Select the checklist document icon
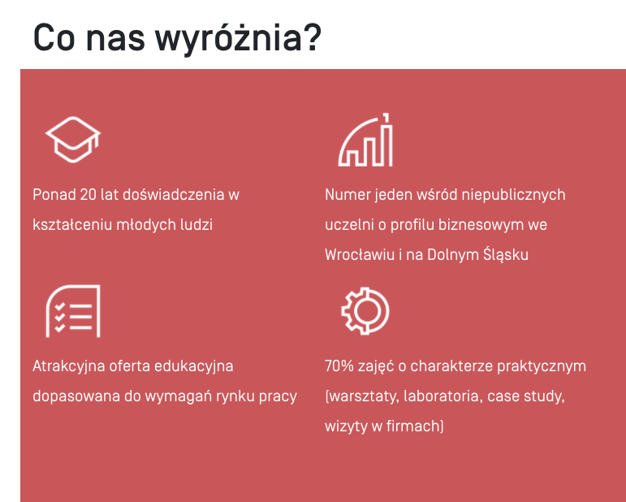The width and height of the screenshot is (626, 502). pyautogui.click(x=73, y=311)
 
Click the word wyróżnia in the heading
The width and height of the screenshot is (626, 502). pyautogui.click(x=228, y=39)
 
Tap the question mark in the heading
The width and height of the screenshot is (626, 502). pyautogui.click(x=312, y=37)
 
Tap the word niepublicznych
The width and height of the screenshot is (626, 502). pyautogui.click(x=513, y=195)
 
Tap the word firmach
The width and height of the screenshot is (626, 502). pyautogui.click(x=413, y=426)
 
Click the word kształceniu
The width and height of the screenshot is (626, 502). pyautogui.click(x=71, y=225)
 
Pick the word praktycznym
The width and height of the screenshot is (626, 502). pyautogui.click(x=542, y=367)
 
